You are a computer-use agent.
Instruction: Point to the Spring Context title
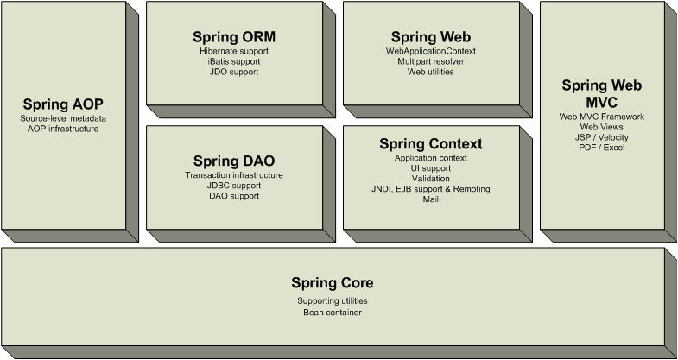(430, 143)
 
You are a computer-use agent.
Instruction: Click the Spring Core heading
(332, 282)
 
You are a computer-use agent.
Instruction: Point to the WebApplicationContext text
(430, 52)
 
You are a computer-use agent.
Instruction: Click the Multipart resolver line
(430, 62)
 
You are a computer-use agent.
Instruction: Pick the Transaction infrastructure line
(233, 175)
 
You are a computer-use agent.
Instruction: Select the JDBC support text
(233, 186)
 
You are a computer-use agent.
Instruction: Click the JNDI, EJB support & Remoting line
(430, 189)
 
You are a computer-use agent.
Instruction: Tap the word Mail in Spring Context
(430, 199)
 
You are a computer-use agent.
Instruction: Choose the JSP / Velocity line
(601, 137)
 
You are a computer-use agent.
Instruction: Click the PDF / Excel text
(601, 148)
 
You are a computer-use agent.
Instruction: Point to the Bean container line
(332, 312)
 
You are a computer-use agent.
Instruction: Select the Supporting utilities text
(332, 300)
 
